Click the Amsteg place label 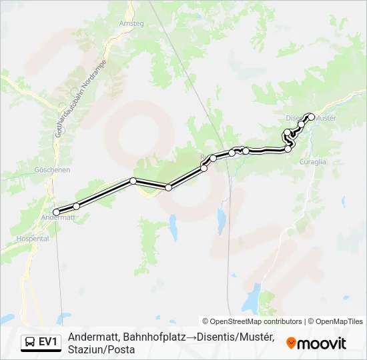pos(131,23)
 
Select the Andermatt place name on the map pos(59,217)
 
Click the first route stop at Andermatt pos(56,212)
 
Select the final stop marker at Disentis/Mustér pos(311,117)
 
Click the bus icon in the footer pos(30,342)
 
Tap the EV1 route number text pos(48,342)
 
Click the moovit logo pos(316,343)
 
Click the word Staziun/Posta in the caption pos(101,349)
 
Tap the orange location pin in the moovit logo pos(291,343)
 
